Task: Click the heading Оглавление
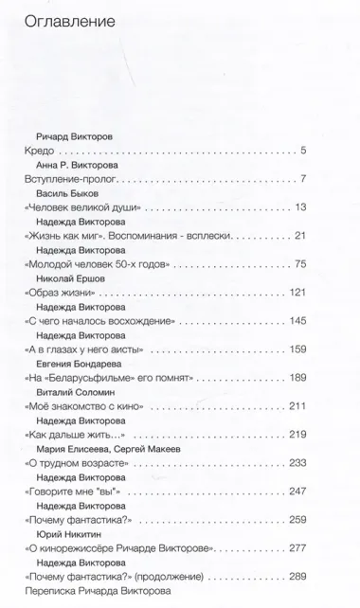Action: [x=65, y=21]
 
